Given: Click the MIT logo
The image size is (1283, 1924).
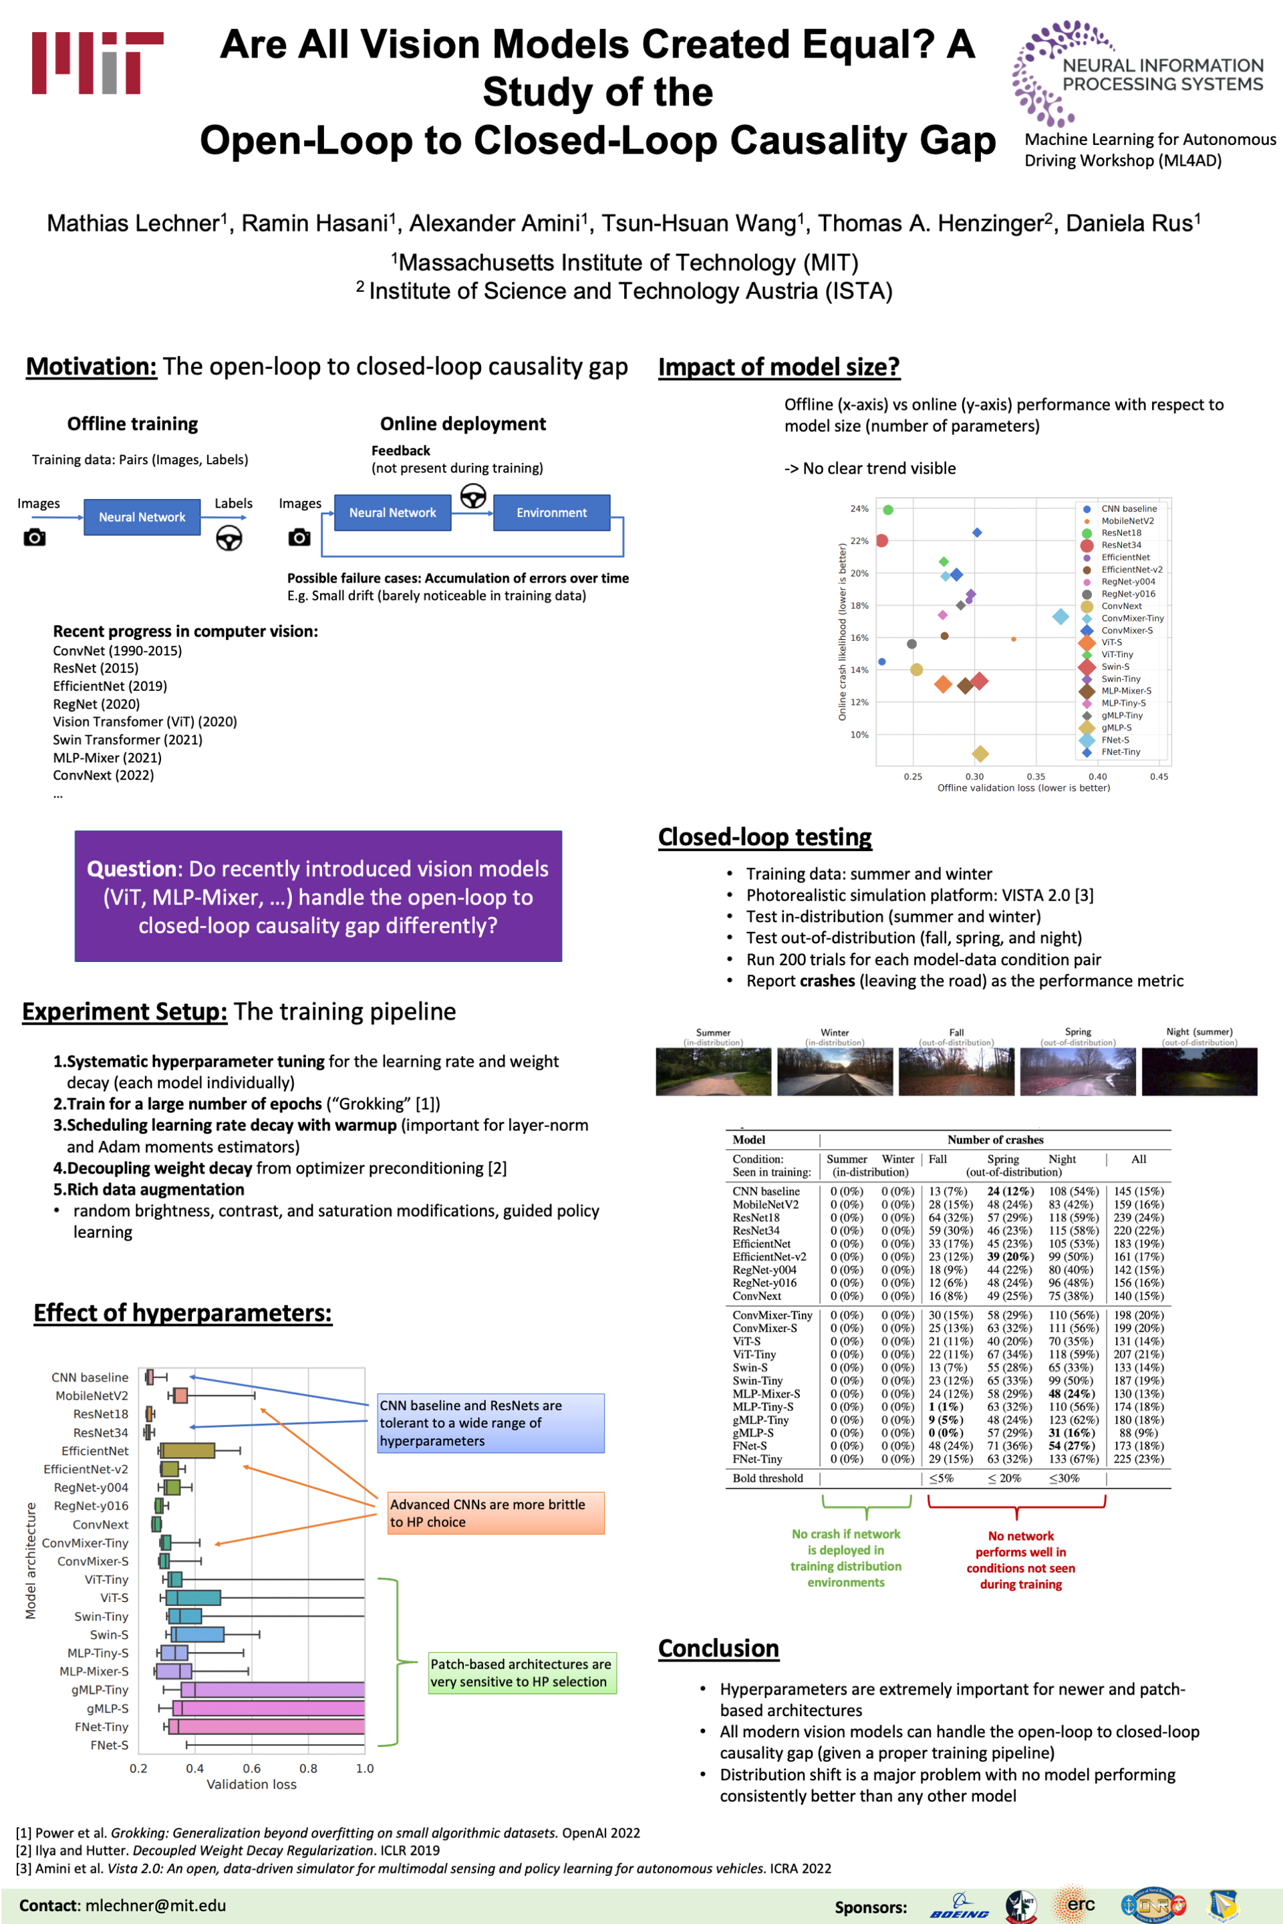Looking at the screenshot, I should coord(98,63).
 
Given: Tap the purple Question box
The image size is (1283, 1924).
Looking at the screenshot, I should coord(317,896).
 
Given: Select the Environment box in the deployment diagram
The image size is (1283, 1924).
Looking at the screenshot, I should coord(551,513).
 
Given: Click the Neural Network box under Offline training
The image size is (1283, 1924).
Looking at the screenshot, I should coord(142,517).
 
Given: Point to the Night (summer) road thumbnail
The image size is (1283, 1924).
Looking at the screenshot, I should coord(1199,1071).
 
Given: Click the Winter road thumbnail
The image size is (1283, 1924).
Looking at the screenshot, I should coord(835,1071).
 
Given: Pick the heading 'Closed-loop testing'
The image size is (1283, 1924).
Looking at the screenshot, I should coord(764,837).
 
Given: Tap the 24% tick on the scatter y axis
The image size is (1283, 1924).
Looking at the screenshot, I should coord(858,509).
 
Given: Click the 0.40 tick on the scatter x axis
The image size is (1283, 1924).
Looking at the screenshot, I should coord(1097,776).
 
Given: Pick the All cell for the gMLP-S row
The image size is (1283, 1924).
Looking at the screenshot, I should coord(1138,1432).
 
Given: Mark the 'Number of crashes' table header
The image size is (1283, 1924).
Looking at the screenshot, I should coord(995,1140).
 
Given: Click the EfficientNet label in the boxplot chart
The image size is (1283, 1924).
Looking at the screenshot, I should coord(95,1451).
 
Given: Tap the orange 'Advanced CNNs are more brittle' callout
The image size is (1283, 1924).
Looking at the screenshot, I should coord(496,1512).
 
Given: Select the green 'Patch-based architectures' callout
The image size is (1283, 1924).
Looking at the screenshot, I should coord(521,1673).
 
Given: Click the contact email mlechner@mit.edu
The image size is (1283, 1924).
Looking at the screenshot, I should coord(156,1905).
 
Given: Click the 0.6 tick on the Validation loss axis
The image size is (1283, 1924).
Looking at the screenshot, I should coord(251,1768).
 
